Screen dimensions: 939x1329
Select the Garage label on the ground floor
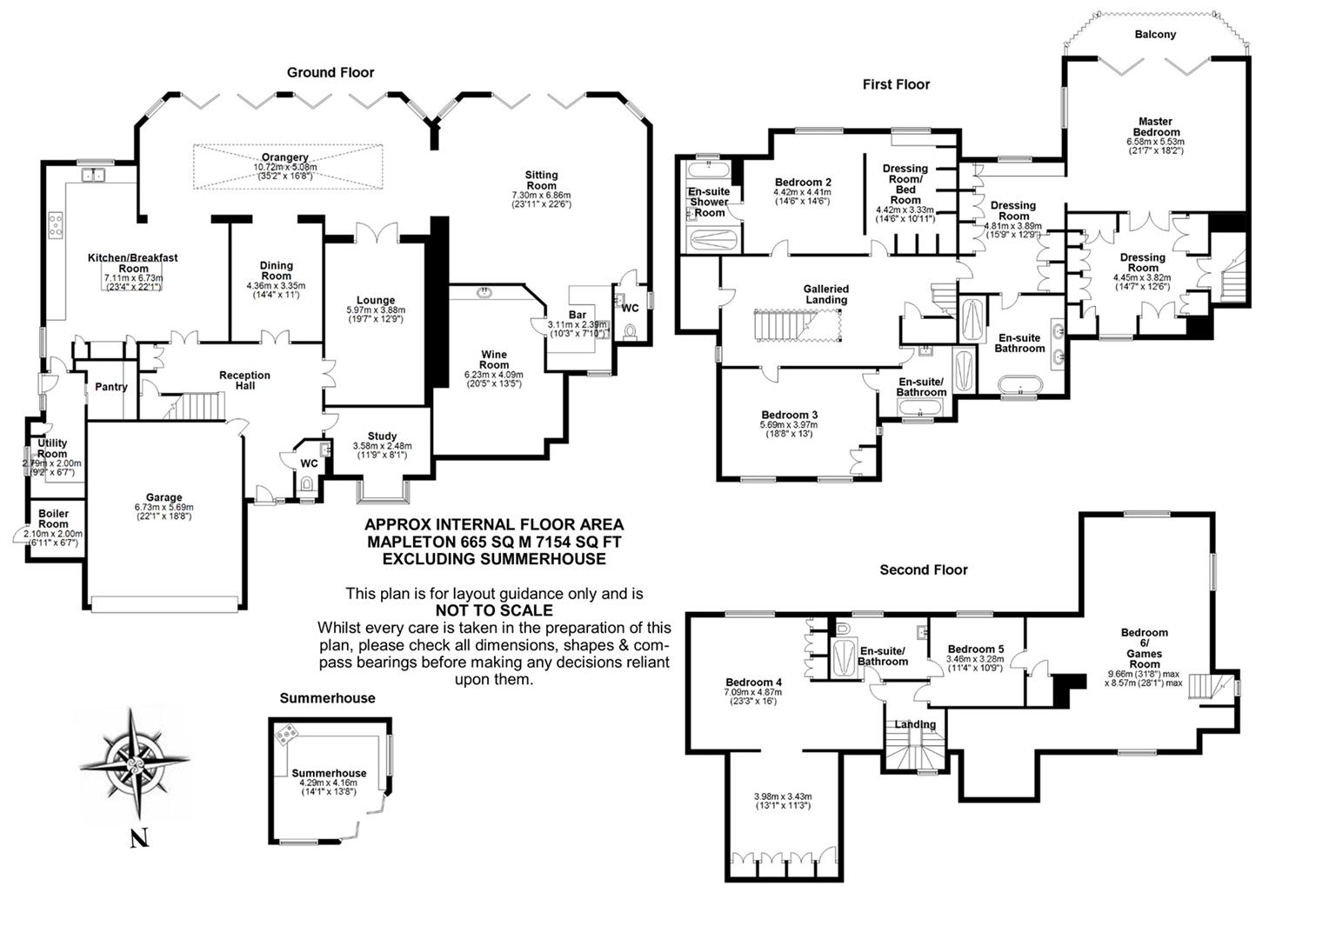pos(164,498)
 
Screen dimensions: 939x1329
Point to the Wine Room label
pos(494,360)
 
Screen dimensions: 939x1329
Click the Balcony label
pos(1155,35)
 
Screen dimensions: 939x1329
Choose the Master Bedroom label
pos(1155,127)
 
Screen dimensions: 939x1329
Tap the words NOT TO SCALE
pos(494,610)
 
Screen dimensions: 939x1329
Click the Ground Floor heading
pos(331,72)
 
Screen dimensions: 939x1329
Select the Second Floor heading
pos(923,570)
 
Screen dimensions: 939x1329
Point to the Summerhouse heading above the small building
pos(327,698)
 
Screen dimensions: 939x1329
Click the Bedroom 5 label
pos(975,649)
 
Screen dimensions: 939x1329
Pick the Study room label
pos(382,436)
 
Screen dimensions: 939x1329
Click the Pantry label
pos(111,387)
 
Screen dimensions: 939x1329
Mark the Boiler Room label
pos(53,519)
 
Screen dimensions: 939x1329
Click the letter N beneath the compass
pos(138,839)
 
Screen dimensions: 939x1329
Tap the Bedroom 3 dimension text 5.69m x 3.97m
pos(789,424)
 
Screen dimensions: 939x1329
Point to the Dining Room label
pos(277,270)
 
